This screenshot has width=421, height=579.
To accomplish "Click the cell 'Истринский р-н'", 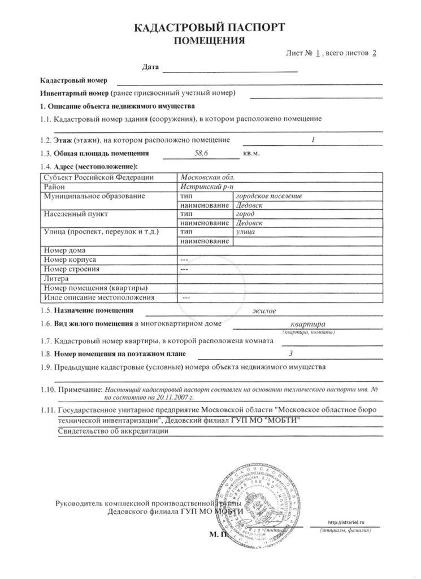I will coord(203,187).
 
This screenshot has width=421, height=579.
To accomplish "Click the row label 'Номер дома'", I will coord(64,250).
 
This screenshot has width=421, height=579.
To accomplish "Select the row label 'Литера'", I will coord(55,278).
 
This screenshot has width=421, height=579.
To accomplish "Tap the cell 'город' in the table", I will coord(245,214).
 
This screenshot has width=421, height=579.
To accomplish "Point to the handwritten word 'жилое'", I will coord(264,311).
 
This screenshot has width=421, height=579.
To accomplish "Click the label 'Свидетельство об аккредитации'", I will coord(112,431).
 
